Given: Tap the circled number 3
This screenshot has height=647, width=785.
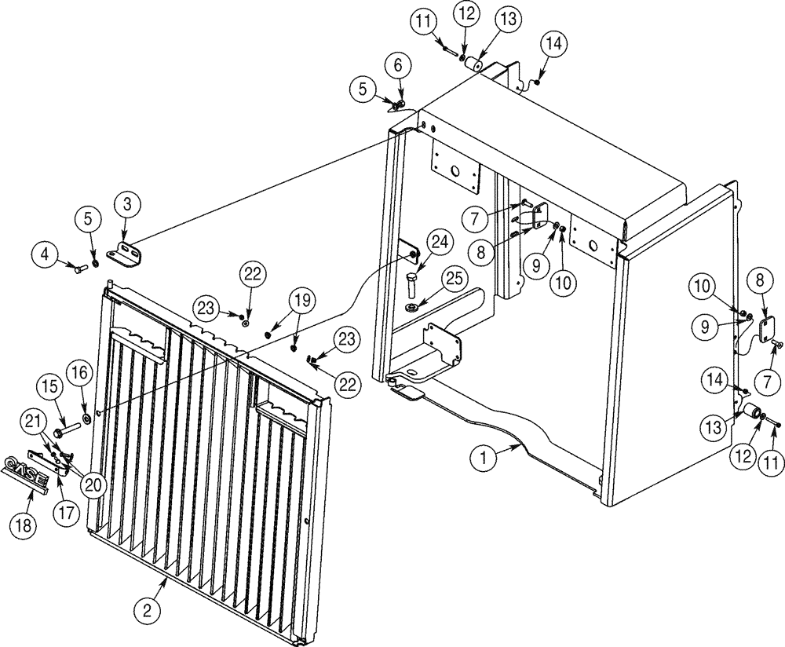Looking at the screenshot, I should (127, 207).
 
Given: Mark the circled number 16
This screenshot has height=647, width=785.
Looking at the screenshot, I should (81, 371).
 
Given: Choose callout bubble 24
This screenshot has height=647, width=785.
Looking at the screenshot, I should (437, 243).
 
